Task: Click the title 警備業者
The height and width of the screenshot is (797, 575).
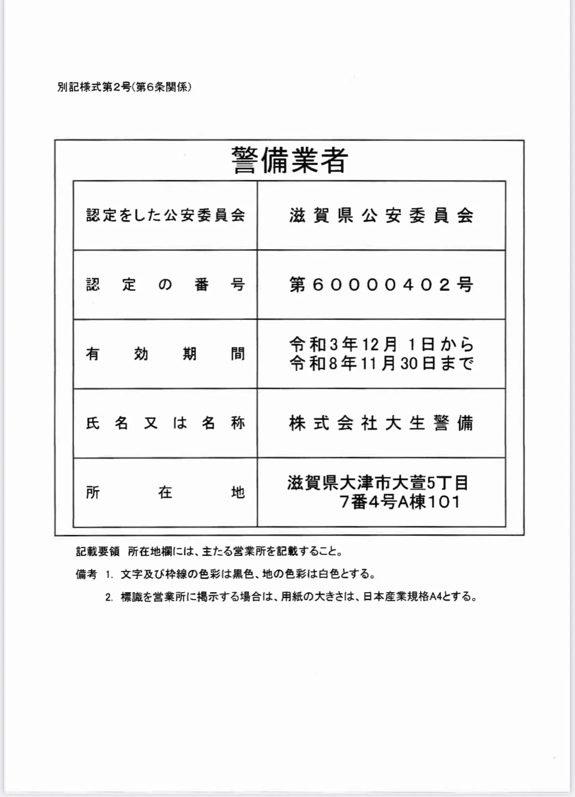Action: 289,160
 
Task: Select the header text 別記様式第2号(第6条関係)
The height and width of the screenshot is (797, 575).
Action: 124,87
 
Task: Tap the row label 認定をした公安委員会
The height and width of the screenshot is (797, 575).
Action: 165,215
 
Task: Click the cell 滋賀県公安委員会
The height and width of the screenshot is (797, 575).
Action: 381,215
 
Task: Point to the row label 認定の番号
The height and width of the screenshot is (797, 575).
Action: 165,285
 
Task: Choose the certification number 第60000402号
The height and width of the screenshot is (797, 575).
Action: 381,285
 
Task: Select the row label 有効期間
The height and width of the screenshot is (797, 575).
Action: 165,354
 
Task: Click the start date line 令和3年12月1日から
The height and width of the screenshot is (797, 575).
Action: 381,344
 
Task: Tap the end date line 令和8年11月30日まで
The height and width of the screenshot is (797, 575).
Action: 381,364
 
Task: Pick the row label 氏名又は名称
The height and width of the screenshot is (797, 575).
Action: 165,423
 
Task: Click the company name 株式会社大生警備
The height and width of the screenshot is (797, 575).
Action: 381,423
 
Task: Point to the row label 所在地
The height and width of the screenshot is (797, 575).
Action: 165,492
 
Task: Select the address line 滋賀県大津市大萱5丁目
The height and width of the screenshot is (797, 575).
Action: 378,483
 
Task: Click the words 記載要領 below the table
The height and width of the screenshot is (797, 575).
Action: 98,551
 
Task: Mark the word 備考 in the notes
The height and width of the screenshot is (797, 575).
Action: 86,574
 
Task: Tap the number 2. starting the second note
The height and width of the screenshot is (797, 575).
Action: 109,598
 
